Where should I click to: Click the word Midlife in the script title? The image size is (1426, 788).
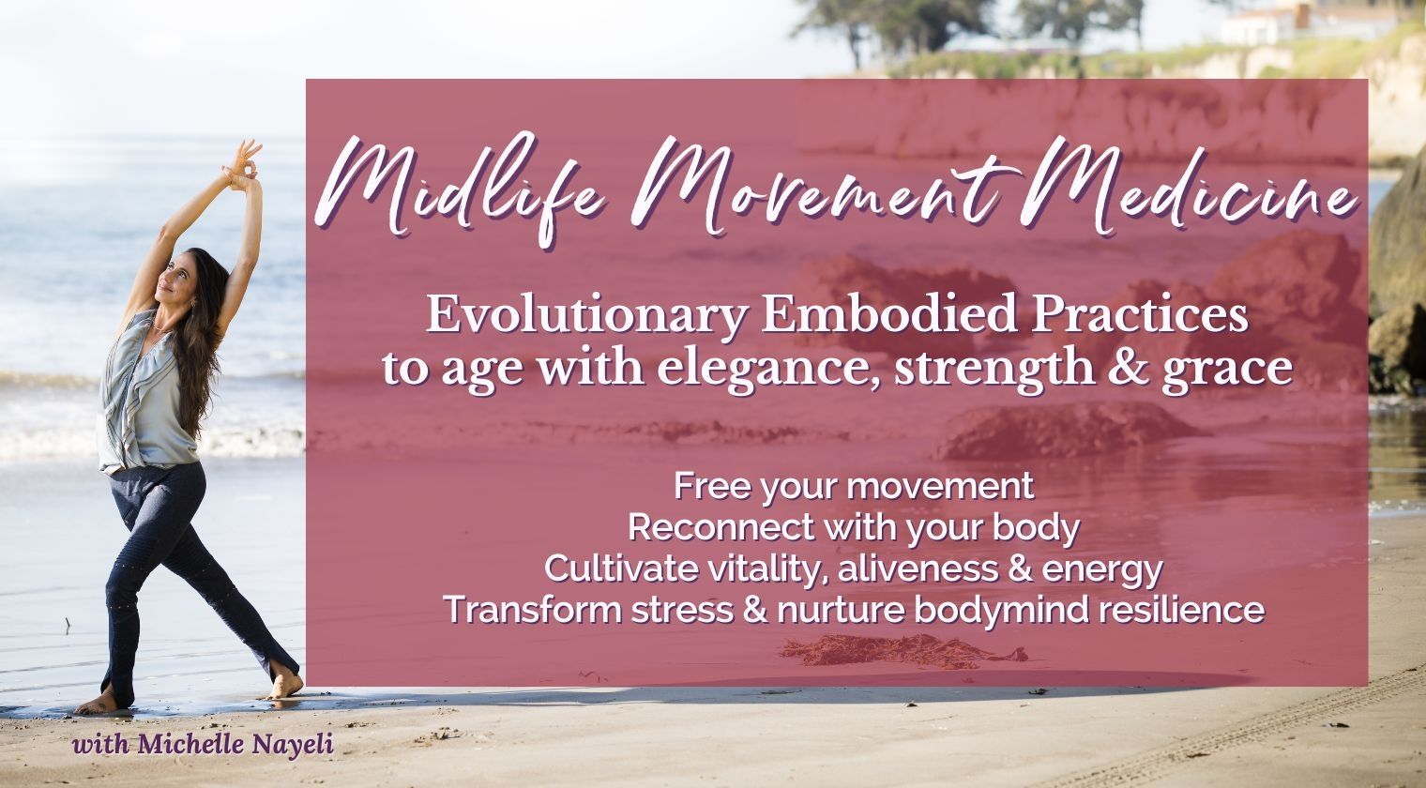(460, 188)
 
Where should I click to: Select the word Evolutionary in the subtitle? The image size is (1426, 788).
(585, 317)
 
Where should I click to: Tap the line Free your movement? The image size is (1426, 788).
(854, 487)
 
